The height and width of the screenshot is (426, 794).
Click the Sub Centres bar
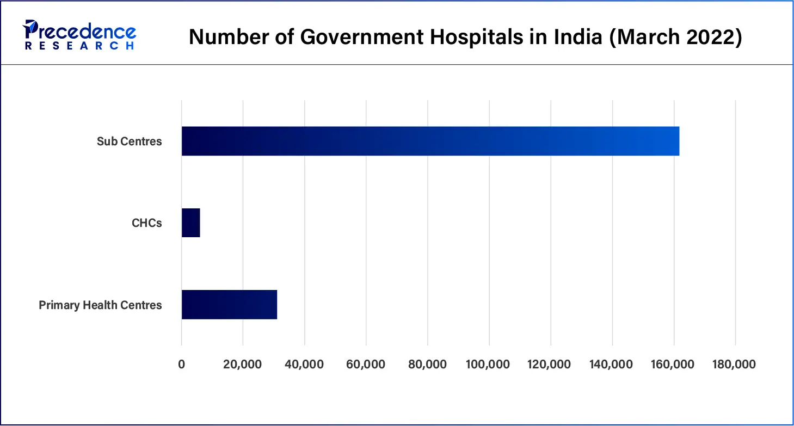pyautogui.click(x=430, y=141)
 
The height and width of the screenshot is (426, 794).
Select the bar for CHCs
pyautogui.click(x=191, y=223)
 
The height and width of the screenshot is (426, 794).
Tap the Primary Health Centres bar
pyautogui.click(x=229, y=305)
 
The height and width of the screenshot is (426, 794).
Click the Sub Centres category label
pyautogui.click(x=130, y=141)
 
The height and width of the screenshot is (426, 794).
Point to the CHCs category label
pyautogui.click(x=147, y=223)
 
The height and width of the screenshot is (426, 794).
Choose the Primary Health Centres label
pyautogui.click(x=100, y=305)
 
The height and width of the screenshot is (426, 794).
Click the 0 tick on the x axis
pyautogui.click(x=182, y=364)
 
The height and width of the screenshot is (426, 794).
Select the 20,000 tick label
pyautogui.click(x=243, y=364)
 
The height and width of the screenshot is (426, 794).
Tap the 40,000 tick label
pyautogui.click(x=305, y=364)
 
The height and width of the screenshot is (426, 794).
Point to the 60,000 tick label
pyautogui.click(x=366, y=364)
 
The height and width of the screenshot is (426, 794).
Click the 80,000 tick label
pyautogui.click(x=428, y=364)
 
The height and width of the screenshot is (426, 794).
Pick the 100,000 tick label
pyautogui.click(x=489, y=364)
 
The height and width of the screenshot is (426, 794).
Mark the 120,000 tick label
pyautogui.click(x=550, y=364)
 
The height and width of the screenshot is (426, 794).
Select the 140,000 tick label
pyautogui.click(x=612, y=364)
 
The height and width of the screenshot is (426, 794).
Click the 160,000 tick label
pyautogui.click(x=673, y=364)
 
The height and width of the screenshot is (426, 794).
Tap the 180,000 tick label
pyautogui.click(x=735, y=364)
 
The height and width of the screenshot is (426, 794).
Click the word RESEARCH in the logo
pyautogui.click(x=79, y=46)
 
